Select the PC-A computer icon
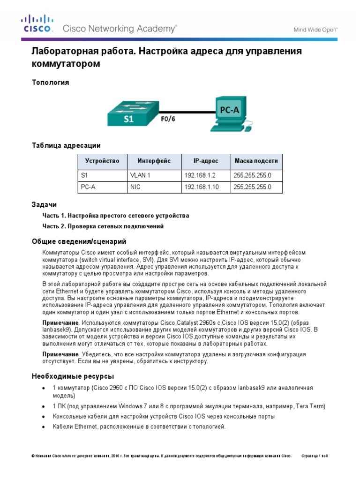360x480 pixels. (230, 112)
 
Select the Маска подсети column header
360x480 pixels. (256, 161)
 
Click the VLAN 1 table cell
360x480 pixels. (140, 175)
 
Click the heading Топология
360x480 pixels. (50, 82)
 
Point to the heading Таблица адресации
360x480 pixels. (66, 145)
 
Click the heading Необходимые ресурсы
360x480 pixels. (72, 376)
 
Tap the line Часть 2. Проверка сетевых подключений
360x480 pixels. (103, 226)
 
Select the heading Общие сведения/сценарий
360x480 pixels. (79, 241)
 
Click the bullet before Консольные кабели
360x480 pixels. (43, 416)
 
